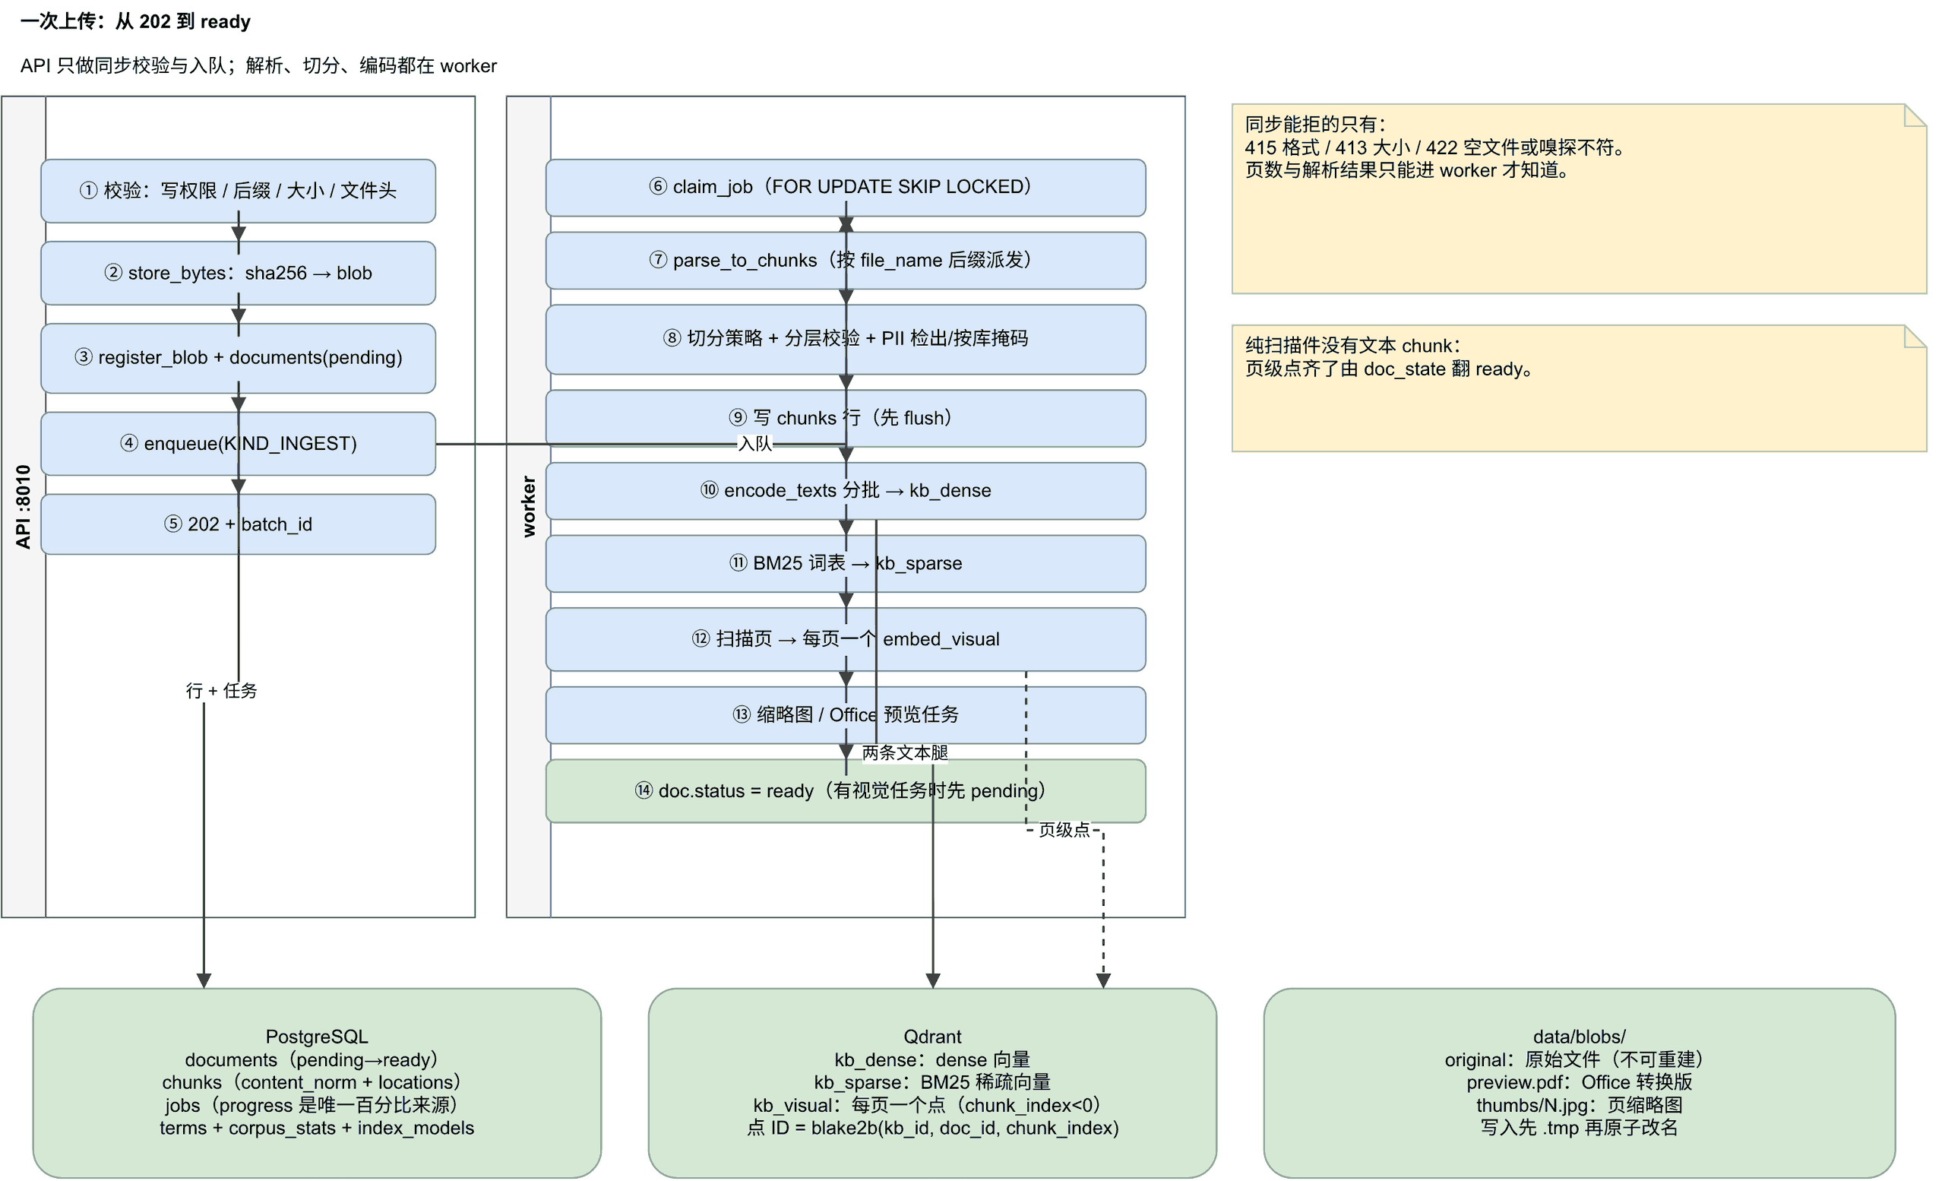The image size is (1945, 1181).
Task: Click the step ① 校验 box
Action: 238,191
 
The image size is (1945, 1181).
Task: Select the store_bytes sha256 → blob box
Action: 238,273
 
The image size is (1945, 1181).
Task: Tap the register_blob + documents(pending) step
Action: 238,358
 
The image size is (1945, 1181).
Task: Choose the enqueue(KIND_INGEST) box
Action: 238,444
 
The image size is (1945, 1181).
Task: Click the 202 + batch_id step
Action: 238,524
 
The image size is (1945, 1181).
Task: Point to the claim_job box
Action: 846,187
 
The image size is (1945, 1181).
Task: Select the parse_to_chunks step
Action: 846,261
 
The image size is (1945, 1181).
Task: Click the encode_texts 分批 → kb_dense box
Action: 846,491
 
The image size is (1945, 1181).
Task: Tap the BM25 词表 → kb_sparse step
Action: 846,564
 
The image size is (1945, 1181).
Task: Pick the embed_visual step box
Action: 846,639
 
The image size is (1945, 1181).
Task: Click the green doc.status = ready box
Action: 846,791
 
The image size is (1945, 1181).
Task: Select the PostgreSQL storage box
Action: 317,1083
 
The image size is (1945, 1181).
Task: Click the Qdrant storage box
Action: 932,1083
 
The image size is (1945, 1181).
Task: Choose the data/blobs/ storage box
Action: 1580,1083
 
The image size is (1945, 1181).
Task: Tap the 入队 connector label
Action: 754,444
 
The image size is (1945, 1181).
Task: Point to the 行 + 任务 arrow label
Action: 221,691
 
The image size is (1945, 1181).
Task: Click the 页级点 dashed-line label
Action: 1064,830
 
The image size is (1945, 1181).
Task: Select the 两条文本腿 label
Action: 905,753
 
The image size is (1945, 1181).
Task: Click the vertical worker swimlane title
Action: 529,507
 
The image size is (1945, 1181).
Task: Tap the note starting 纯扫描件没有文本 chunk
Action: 1580,388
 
